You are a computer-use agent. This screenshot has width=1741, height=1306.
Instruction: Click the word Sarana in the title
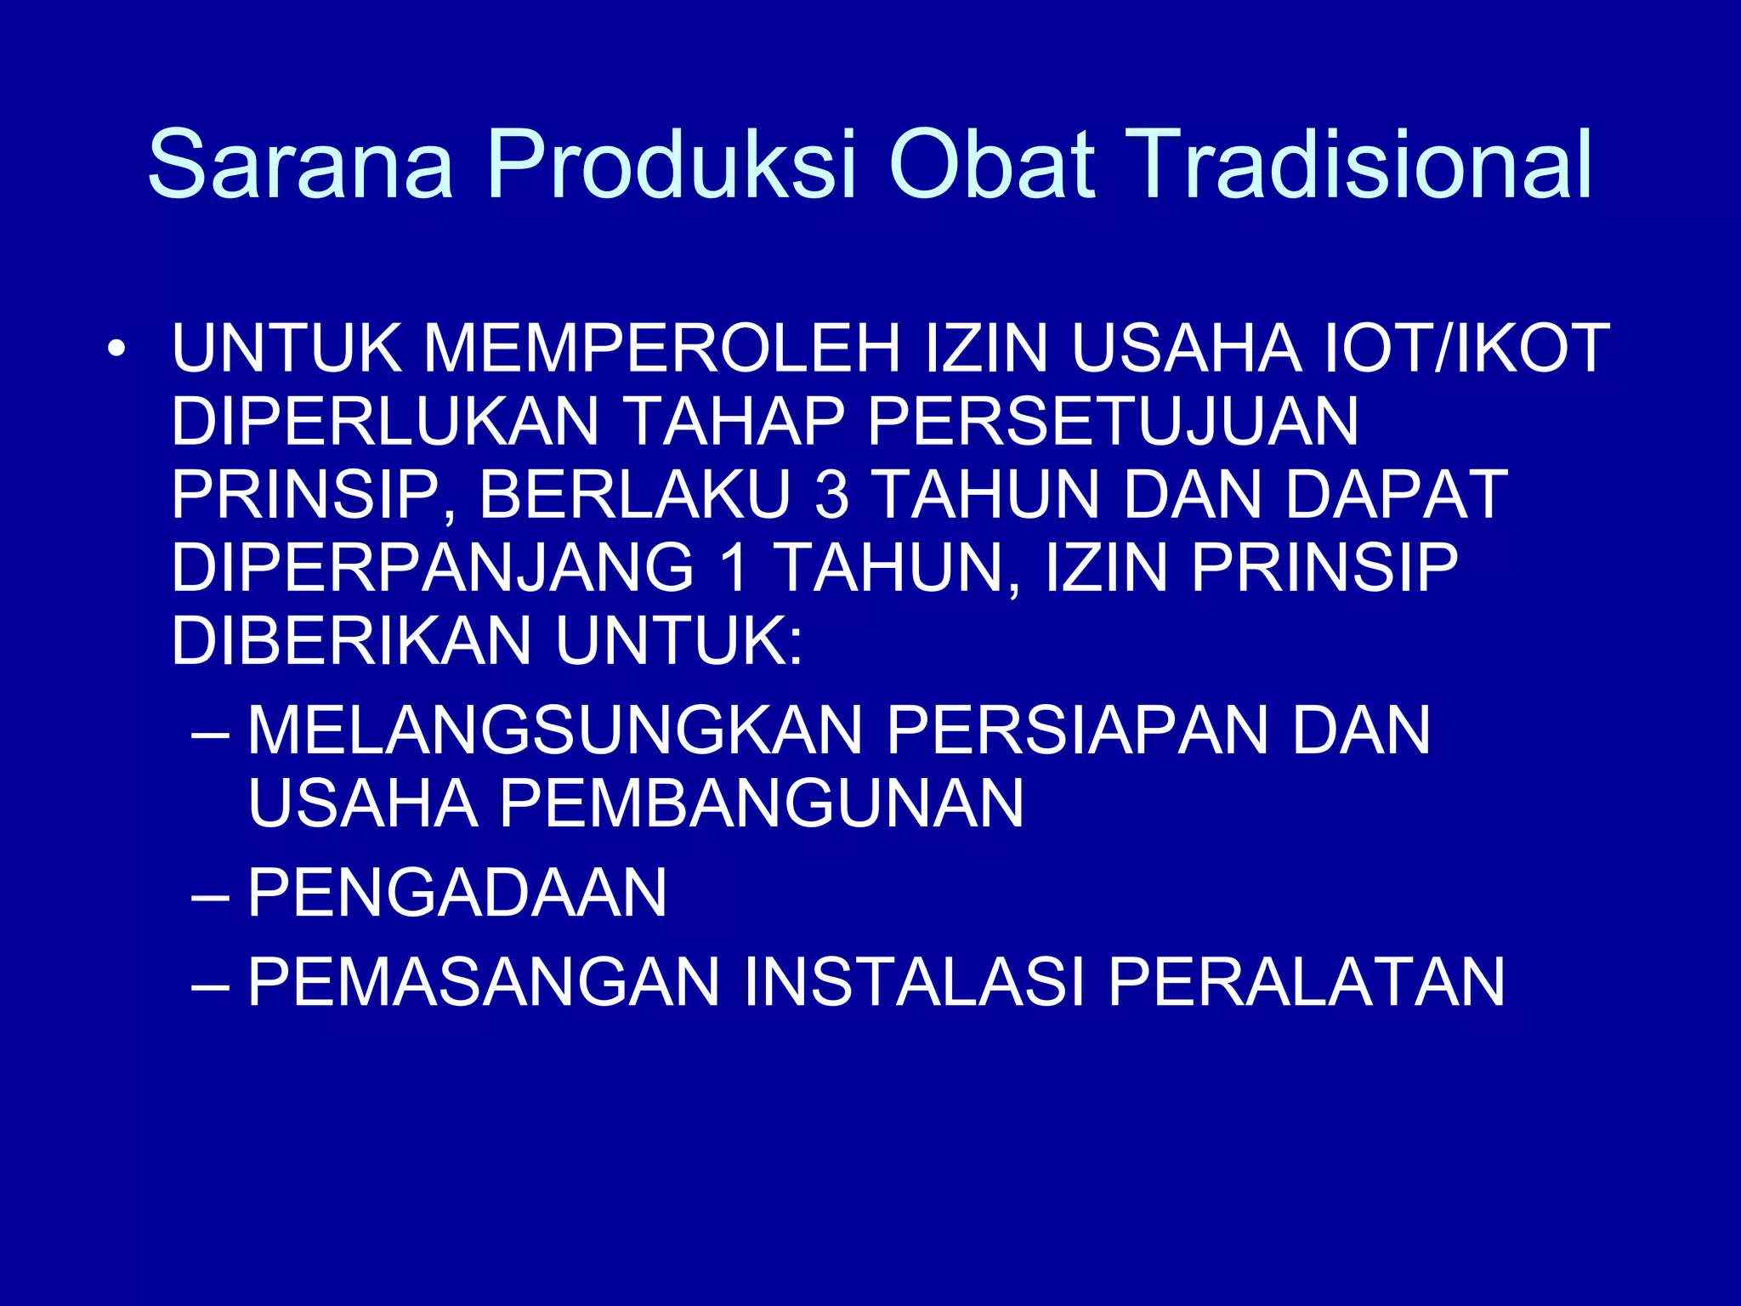300,164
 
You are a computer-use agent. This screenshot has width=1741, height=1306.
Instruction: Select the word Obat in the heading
991,164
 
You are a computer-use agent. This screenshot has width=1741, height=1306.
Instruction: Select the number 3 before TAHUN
831,495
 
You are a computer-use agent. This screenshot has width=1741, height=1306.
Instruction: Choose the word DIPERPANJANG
433,568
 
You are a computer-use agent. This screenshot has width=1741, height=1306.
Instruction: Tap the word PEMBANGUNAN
761,803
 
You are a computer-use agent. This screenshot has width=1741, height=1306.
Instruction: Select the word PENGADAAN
457,893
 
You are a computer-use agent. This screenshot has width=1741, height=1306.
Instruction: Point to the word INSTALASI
913,982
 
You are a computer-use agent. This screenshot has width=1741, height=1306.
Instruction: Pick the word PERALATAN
1306,982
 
